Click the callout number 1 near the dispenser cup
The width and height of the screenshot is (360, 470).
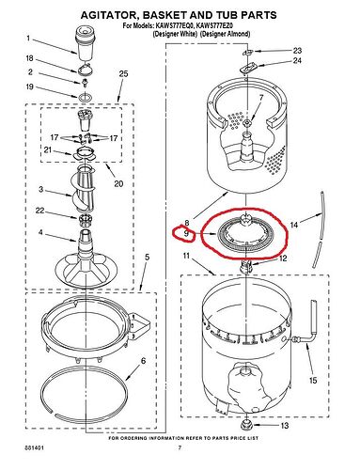pos(28,39)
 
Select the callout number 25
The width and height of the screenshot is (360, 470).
pos(123,74)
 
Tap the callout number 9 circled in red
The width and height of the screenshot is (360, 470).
pos(186,234)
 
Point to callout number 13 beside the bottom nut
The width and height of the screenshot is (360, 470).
pos(284,426)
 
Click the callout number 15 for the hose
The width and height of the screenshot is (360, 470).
pos(313,381)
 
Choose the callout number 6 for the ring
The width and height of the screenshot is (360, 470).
pos(143,361)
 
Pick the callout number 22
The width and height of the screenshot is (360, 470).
pos(40,211)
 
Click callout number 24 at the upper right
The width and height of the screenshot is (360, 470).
pos(297,60)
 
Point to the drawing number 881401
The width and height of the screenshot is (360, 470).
pos(35,448)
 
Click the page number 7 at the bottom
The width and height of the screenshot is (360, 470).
pos(180,448)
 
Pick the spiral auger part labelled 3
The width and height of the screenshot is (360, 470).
pos(84,189)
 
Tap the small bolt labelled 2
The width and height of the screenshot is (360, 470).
pos(85,83)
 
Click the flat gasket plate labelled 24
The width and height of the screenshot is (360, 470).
pos(250,68)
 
